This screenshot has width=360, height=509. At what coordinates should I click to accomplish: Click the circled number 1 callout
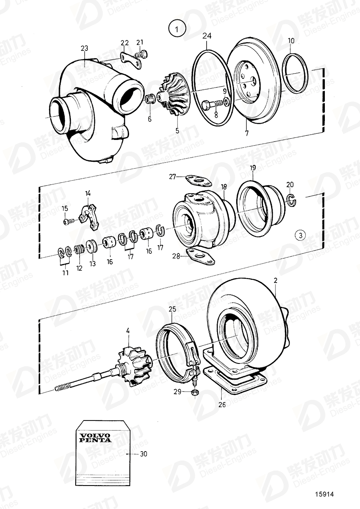(x=176, y=29)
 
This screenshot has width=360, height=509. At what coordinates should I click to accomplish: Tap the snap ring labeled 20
(x=292, y=198)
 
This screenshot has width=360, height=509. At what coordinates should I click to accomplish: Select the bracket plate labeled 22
(x=130, y=61)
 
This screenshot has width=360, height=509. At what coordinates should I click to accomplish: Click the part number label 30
(x=143, y=454)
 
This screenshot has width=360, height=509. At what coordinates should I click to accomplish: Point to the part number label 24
(x=207, y=36)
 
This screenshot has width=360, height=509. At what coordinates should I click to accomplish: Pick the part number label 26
(x=222, y=404)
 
